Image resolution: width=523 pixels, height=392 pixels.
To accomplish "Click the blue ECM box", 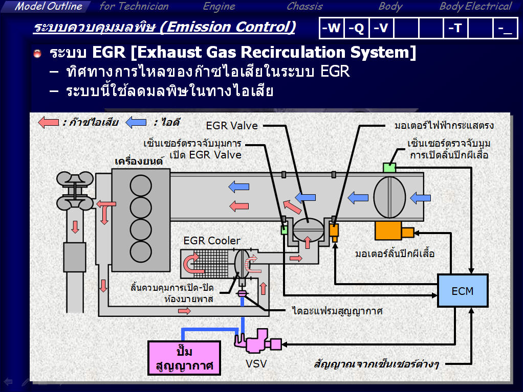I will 463,290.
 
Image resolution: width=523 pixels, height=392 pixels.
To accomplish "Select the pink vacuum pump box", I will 184,358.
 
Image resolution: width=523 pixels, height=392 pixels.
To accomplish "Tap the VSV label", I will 256,364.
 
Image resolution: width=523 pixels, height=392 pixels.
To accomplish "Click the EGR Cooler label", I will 212,241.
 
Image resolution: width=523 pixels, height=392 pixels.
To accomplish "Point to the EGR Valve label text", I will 232,125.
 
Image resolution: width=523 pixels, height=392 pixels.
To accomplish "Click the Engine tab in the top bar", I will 219,7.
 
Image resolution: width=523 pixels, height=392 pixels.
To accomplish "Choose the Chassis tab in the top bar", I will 304,7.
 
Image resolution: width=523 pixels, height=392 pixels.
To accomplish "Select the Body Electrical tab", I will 475,7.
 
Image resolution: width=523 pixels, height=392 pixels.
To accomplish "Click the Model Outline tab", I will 48,7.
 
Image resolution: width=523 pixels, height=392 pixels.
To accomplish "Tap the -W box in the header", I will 331,29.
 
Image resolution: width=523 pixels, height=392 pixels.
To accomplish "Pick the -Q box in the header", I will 356,29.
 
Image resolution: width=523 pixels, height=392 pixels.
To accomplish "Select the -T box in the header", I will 455,29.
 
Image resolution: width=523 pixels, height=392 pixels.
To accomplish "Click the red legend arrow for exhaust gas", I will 49,123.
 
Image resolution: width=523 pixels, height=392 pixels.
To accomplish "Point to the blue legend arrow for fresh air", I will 137,123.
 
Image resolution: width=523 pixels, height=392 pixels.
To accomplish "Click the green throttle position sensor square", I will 390,167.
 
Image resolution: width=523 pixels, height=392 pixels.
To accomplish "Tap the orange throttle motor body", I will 389,231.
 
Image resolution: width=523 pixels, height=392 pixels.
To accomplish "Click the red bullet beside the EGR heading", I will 37,54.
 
